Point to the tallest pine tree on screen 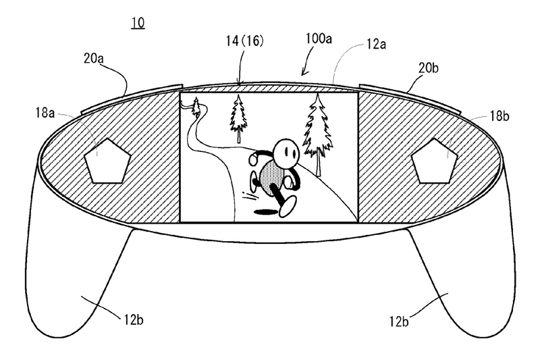(x=317, y=132)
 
